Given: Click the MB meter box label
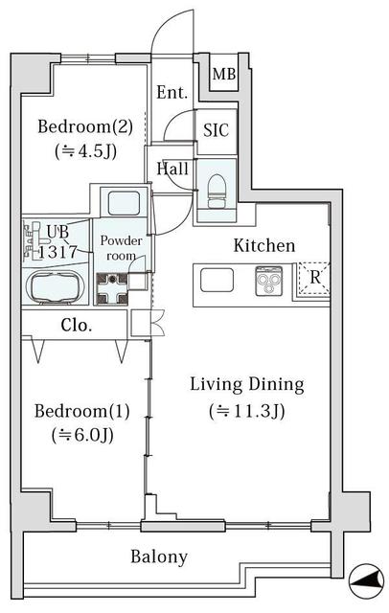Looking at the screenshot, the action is [224, 74].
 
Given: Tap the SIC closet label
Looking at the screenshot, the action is [216, 130].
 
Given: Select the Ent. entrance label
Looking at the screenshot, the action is [172, 93].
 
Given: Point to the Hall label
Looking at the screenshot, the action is [172, 169].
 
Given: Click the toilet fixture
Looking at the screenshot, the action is [217, 191].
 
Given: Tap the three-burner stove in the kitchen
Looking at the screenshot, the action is [268, 281].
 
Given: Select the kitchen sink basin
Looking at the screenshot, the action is [217, 281].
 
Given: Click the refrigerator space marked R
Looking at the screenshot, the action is [314, 277].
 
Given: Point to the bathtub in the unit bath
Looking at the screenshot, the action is [56, 287].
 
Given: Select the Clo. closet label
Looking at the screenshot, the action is [77, 325].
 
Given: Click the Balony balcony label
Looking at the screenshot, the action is [159, 556].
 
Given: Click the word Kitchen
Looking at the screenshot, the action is [264, 245].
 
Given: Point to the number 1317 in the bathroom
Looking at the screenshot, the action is [57, 252].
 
